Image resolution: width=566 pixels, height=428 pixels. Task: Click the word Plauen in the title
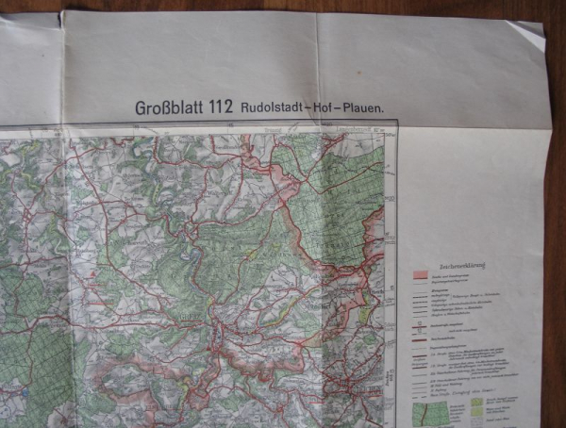364,108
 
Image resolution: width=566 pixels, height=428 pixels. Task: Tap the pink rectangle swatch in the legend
419,275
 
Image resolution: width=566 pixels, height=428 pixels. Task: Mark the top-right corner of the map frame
397,123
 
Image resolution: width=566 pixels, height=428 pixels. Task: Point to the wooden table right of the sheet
558,236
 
